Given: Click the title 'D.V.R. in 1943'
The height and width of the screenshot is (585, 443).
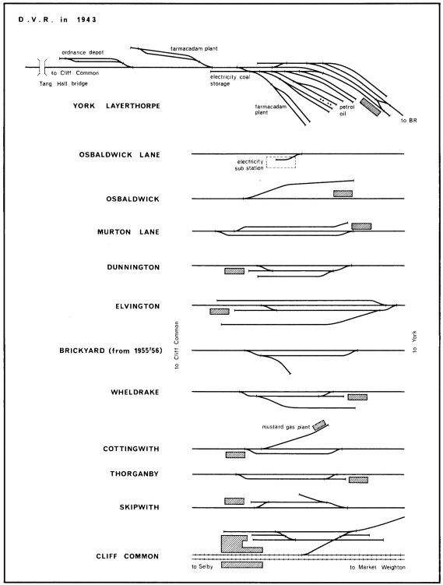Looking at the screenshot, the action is click(57, 19).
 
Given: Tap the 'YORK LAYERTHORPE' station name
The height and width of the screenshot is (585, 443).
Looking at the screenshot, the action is click(116, 106).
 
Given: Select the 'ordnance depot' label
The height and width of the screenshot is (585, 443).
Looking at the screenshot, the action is click(83, 53).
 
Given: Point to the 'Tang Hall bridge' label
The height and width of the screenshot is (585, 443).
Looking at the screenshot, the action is click(63, 83).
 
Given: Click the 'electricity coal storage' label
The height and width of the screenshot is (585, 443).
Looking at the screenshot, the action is click(230, 80).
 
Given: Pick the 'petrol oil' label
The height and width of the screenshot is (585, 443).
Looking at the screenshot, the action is click(346, 110).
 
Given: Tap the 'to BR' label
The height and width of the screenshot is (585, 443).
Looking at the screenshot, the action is click(409, 121).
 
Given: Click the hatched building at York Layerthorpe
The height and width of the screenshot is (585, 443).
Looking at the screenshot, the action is click(371, 107).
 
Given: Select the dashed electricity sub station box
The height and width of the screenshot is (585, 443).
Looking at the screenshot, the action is click(281, 162).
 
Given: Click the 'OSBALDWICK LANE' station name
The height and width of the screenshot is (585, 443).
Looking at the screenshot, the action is click(119, 155).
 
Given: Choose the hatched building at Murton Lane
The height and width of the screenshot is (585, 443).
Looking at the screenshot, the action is click(361, 226).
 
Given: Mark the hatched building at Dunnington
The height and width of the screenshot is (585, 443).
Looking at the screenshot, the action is click(234, 271).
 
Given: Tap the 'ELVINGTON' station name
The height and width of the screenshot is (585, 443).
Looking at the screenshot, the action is click(138, 307).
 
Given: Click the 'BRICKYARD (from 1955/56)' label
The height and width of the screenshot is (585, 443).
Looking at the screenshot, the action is click(111, 351).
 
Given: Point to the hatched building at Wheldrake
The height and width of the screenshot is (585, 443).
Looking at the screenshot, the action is click(357, 397).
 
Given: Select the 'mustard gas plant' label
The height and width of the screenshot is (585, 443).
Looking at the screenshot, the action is click(286, 427).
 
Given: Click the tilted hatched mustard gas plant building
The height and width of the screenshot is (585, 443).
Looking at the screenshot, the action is click(319, 425).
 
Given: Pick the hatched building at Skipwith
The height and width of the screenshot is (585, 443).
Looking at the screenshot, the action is click(234, 501).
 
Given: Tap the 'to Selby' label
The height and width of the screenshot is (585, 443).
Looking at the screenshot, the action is click(202, 567).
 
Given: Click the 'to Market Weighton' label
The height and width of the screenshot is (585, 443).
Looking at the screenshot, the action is click(378, 567).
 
